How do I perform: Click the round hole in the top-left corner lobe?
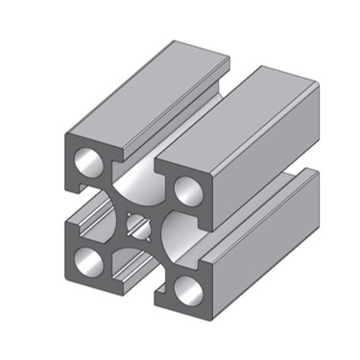coord(87,157)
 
